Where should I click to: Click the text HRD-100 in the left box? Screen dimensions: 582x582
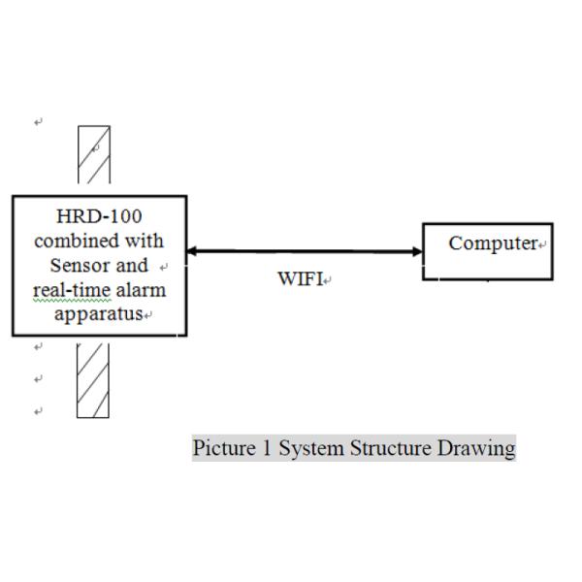tap(100, 215)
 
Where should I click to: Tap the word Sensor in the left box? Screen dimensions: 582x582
tap(79, 265)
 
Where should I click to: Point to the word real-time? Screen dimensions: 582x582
tap(65, 290)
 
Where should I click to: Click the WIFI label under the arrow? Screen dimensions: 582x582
tap(300, 279)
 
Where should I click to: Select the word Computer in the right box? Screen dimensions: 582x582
tap(493, 243)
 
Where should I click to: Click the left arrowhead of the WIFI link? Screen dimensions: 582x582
tap(191, 251)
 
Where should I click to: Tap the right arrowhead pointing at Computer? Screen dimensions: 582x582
tap(417, 251)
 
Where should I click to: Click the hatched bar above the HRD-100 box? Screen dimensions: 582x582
tap(94, 155)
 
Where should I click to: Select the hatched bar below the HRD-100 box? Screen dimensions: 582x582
tap(93, 380)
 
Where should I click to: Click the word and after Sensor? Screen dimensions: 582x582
tap(132, 265)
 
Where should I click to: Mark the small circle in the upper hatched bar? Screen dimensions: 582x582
tap(95, 146)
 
